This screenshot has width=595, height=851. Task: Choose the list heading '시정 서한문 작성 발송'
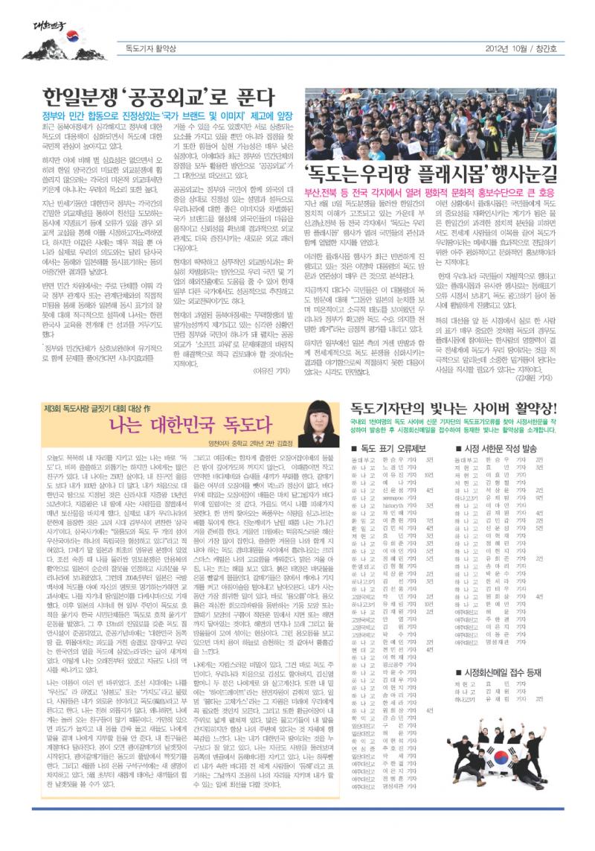(x=495, y=448)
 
